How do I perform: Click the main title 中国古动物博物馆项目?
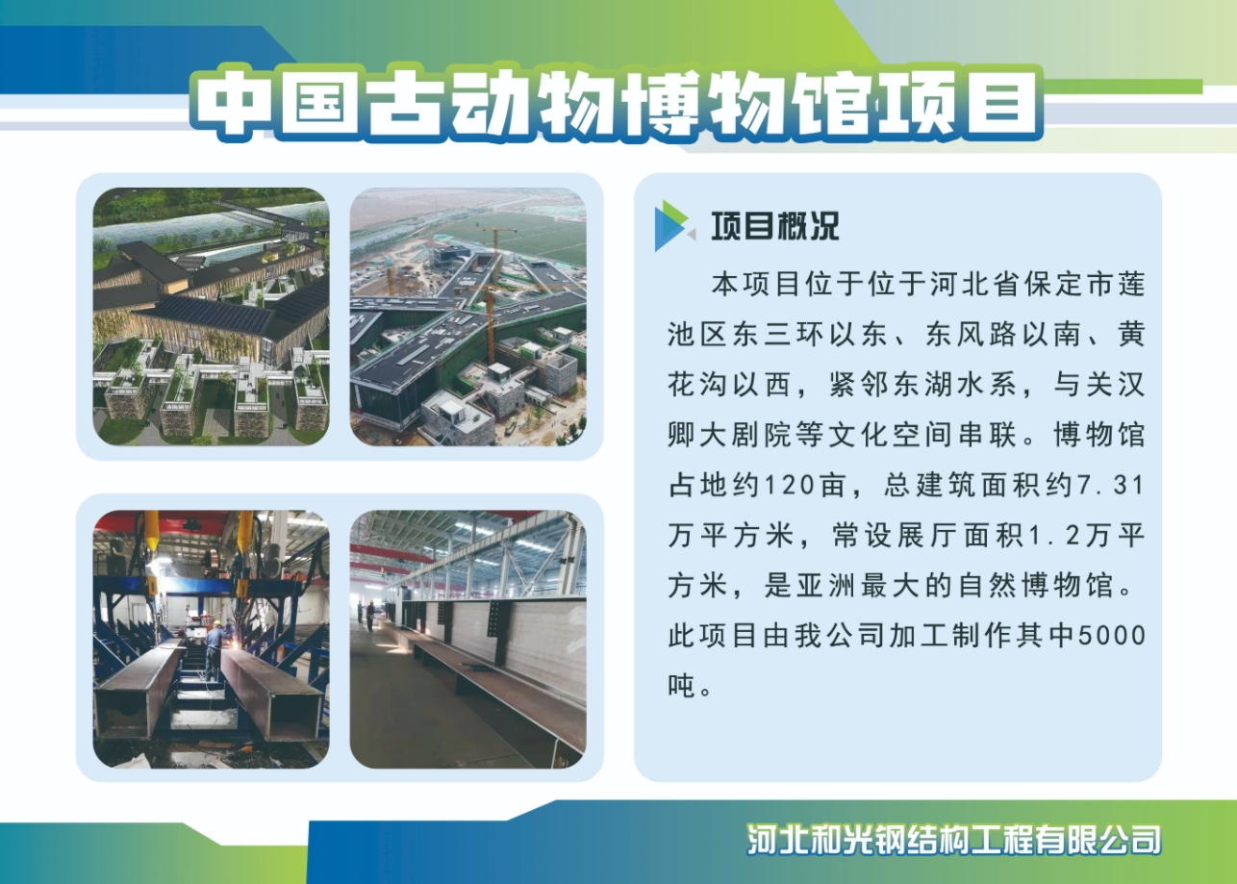tap(617, 103)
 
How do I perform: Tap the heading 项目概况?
tap(775, 226)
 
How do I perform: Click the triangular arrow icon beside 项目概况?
tap(673, 226)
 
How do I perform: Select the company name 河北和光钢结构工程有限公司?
tap(953, 840)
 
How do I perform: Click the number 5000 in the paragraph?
tap(1111, 636)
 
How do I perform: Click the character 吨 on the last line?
tap(681, 686)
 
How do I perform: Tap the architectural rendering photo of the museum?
tap(211, 316)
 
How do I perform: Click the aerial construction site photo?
tap(468, 316)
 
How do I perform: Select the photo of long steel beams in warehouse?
tap(468, 639)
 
